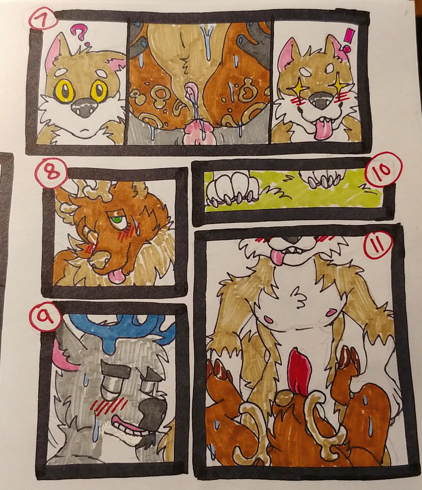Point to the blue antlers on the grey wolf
pyautogui.click(x=119, y=328)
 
